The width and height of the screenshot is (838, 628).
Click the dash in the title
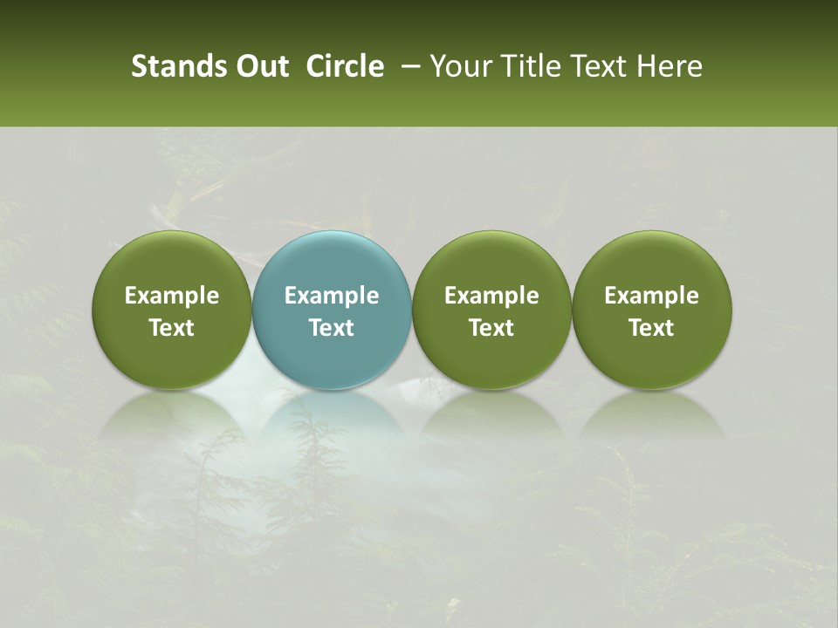pos(407,66)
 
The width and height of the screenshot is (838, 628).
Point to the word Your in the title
pos(460,66)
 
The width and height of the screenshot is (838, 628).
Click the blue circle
pos(332,311)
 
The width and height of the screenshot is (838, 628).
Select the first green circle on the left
pos(172,311)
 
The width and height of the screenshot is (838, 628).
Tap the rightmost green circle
pos(651,311)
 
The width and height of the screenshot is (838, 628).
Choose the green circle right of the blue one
pos(491,311)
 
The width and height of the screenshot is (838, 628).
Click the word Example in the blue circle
pos(332,296)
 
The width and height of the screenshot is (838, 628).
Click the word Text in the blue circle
pos(332,328)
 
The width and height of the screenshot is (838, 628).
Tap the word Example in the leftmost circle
pos(172,296)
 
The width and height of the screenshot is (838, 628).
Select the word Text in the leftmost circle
pos(172,328)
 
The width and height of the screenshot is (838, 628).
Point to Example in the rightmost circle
pos(651,296)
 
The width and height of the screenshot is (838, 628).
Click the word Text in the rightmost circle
pos(651,328)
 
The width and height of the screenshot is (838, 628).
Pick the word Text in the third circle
pos(491,328)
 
